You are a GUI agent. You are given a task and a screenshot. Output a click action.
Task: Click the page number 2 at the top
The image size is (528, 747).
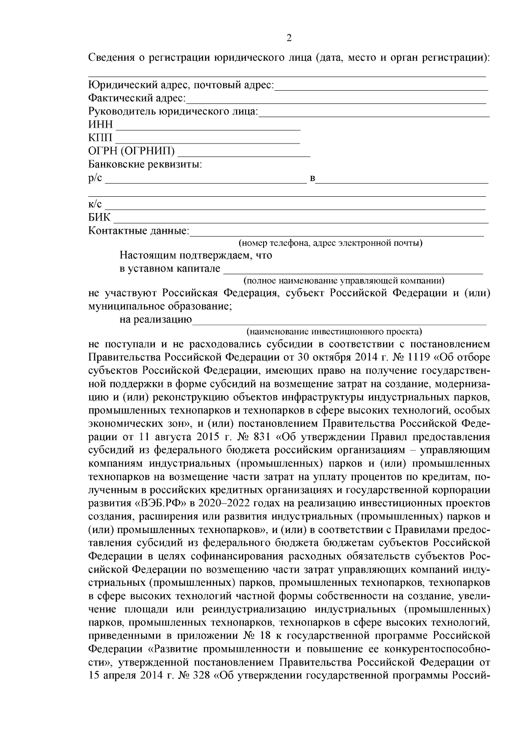(289, 38)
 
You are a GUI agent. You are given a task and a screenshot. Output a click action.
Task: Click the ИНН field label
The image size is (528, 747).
(101, 125)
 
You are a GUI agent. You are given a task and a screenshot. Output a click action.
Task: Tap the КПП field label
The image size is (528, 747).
(101, 138)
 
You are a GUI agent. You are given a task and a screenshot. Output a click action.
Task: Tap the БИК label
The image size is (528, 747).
(100, 217)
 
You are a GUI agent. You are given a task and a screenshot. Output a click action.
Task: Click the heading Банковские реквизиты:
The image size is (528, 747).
(145, 165)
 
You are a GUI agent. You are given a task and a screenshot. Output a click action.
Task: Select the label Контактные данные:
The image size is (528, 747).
(139, 231)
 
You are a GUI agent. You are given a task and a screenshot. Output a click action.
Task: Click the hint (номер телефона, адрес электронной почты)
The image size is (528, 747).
(330, 243)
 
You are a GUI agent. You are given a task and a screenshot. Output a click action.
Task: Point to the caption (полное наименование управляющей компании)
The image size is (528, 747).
(344, 280)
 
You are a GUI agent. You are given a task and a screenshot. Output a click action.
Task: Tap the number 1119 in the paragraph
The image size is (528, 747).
(416, 356)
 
